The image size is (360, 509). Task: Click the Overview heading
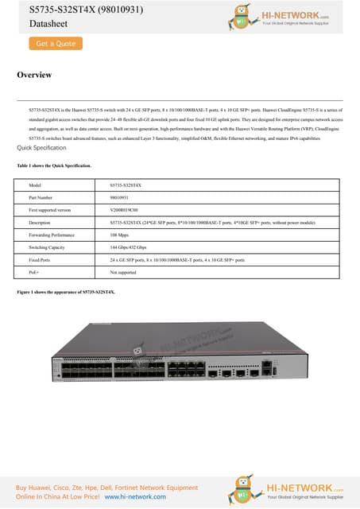point(34,76)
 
